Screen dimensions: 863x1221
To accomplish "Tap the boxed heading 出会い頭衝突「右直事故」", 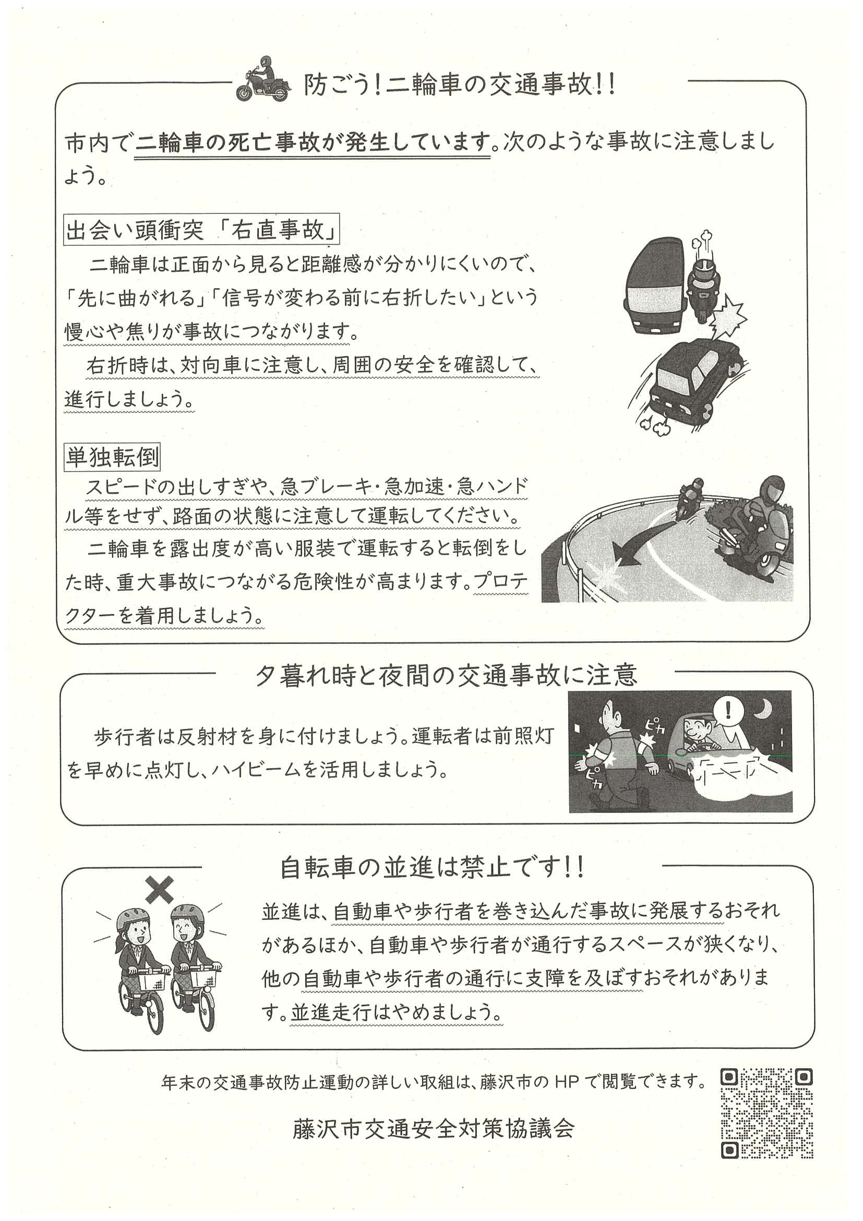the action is pos(201,229).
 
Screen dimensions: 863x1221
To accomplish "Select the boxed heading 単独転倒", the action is pos(112,457).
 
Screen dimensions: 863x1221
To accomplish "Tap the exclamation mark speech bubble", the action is pos(728,711).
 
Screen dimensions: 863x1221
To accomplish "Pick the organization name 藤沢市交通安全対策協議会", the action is pos(434,1129).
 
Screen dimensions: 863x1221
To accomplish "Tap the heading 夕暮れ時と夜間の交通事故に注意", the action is pos(446,675).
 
